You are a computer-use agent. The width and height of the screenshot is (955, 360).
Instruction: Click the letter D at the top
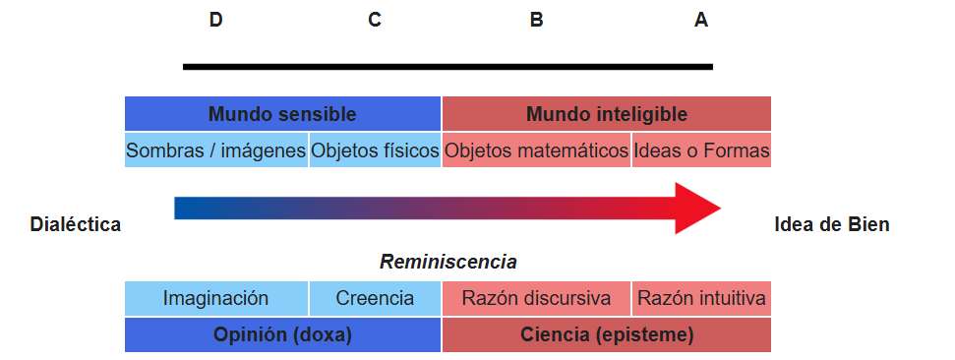coord(215,20)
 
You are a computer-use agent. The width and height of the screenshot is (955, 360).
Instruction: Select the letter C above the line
coord(375,20)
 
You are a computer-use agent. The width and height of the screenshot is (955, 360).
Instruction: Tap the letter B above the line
coord(536,20)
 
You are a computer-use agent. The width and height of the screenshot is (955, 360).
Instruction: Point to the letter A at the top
coord(701,20)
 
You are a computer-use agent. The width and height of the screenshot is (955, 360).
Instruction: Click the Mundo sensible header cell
coord(282,114)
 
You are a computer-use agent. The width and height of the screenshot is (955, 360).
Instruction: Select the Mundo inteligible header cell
coord(607,114)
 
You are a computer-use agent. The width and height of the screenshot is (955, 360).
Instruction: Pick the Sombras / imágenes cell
coord(216,150)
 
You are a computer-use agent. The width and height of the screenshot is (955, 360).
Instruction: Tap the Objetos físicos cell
coord(375,150)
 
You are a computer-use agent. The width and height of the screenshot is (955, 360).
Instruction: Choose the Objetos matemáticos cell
coord(537,150)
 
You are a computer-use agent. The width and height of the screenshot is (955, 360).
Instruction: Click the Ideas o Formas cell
coord(701,150)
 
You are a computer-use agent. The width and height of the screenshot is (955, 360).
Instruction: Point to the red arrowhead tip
coord(721,208)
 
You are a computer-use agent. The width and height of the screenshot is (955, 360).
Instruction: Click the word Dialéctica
coord(76,225)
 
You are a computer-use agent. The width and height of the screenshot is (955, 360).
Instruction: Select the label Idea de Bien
coord(832,225)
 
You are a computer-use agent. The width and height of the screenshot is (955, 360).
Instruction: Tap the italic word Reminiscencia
coord(448,262)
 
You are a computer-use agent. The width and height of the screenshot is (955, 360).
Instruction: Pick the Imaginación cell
coord(216,298)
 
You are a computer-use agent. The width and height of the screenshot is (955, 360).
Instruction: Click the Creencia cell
coord(375,298)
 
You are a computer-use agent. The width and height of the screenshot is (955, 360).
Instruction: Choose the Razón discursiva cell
coord(537,298)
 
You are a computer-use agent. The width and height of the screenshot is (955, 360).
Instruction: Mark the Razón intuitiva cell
coord(701,298)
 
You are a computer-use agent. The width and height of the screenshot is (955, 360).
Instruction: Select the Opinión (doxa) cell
coord(282,335)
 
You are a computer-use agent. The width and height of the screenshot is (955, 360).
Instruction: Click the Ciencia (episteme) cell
coord(607,335)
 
